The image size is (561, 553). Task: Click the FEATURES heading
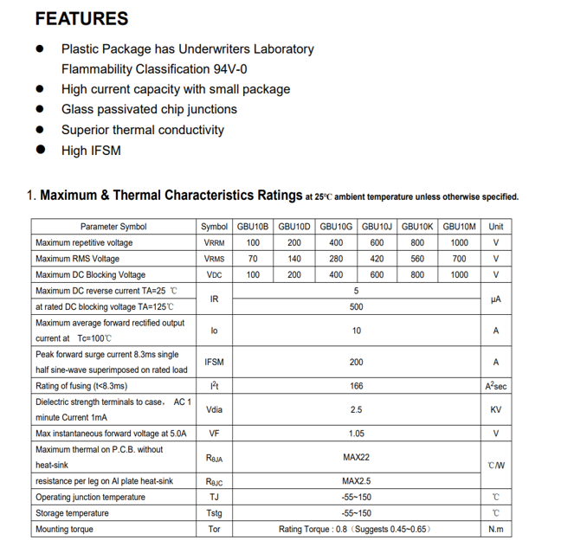[81, 19]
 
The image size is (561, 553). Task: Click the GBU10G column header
[336, 227]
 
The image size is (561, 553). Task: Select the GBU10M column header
[460, 227]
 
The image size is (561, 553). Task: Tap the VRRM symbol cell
[214, 243]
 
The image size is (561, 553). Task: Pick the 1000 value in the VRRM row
[460, 243]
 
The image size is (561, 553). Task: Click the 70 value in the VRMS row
[253, 259]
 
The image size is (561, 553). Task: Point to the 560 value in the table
[417, 259]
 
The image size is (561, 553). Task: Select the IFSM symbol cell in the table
[214, 363]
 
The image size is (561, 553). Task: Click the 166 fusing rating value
[356, 386]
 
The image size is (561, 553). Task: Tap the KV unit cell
[496, 410]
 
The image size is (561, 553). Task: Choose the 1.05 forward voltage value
[356, 434]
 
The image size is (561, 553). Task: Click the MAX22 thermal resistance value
[356, 457]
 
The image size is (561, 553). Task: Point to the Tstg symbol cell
[214, 513]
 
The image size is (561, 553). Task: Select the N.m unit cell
[496, 529]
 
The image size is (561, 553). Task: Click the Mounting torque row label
[64, 529]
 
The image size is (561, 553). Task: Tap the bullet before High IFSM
[40, 150]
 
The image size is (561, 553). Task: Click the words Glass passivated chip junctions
[149, 109]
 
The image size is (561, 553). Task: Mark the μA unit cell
[496, 299]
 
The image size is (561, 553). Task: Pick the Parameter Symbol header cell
[113, 227]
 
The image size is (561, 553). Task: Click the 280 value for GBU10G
[336, 259]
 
